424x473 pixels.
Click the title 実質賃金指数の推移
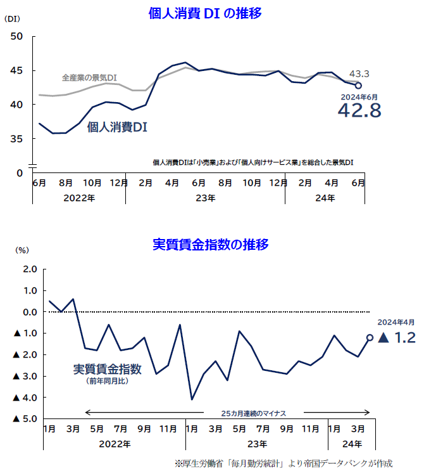pyautogui.click(x=211, y=244)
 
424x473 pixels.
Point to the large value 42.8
pyautogui.click(x=359, y=111)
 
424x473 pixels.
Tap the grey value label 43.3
pyautogui.click(x=359, y=74)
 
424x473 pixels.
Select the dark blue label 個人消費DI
pyautogui.click(x=118, y=127)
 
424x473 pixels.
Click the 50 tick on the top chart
pyautogui.click(x=17, y=36)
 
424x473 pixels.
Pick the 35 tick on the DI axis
pyautogui.click(x=17, y=138)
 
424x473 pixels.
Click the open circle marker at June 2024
pyautogui.click(x=358, y=85)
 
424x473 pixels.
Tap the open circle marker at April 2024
pyautogui.click(x=370, y=338)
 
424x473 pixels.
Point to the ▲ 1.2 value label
pyautogui.click(x=397, y=338)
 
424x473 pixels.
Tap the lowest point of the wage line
pyautogui.click(x=192, y=399)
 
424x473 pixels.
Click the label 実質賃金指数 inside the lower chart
pyautogui.click(x=107, y=369)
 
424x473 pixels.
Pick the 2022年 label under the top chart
pyautogui.click(x=79, y=198)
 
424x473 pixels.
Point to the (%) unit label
pyautogui.click(x=22, y=250)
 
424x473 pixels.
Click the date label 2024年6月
pyautogui.click(x=359, y=96)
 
